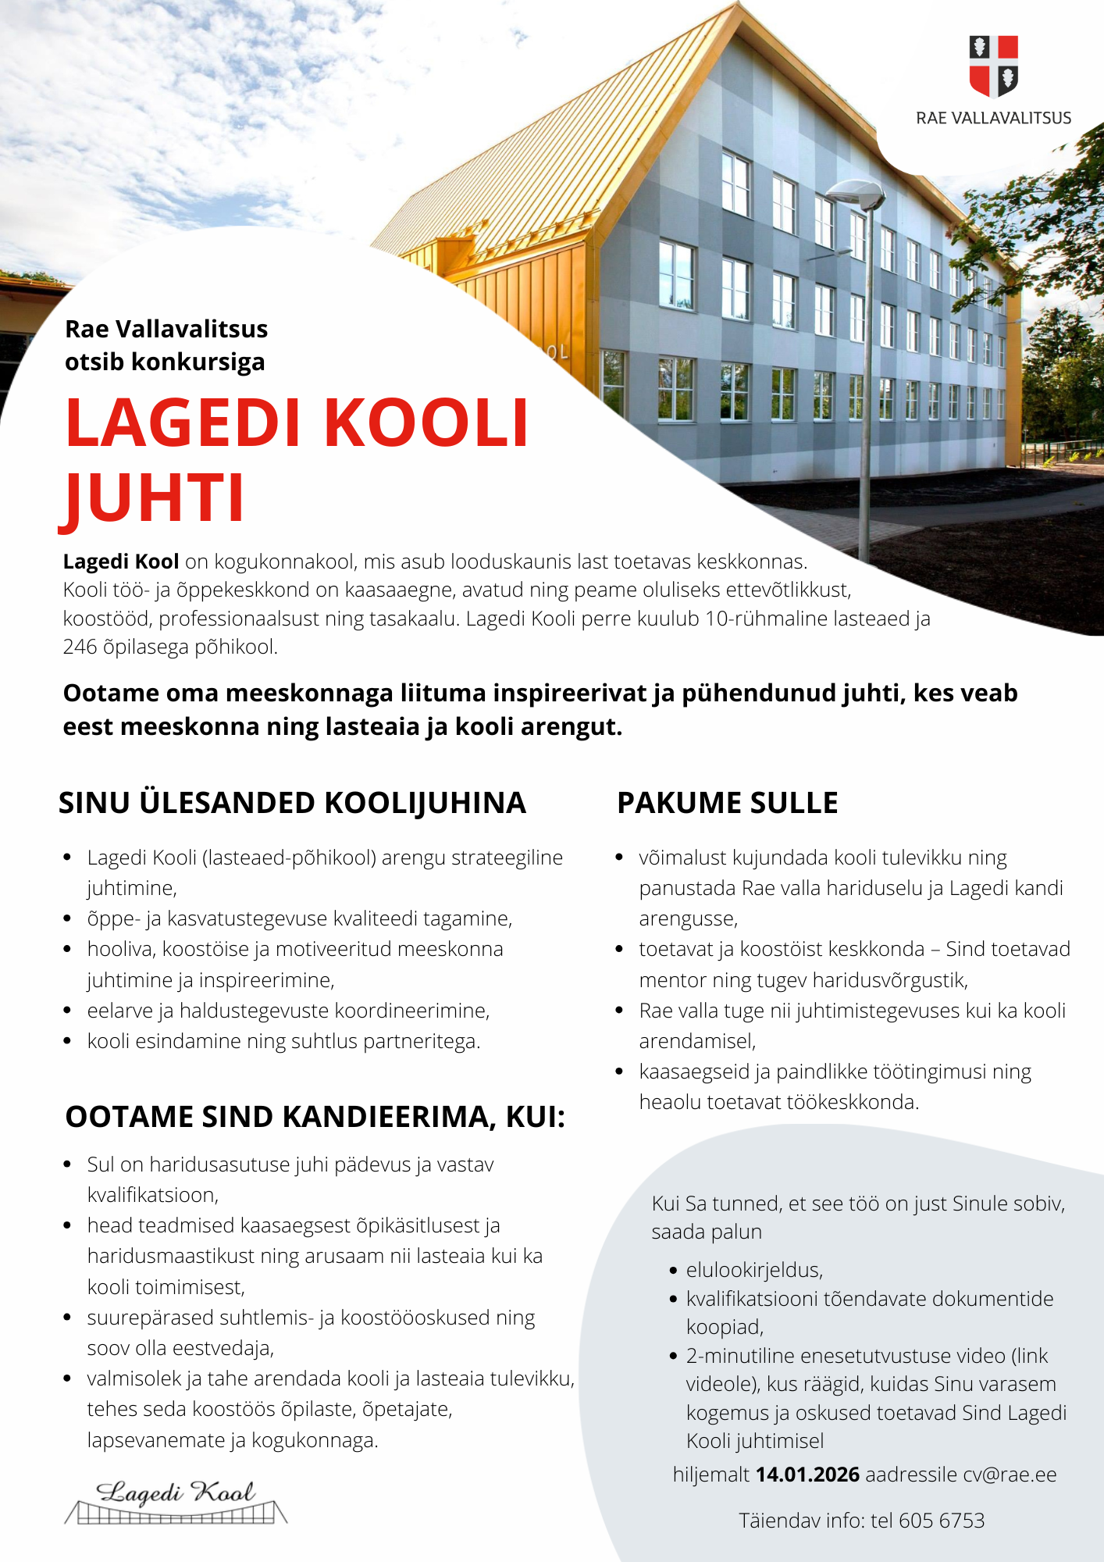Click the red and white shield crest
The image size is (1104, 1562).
[x=993, y=66]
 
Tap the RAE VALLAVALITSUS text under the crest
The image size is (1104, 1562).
[x=993, y=118]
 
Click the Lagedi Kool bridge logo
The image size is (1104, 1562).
[x=176, y=1501]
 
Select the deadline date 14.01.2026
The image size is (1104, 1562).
[x=807, y=1475]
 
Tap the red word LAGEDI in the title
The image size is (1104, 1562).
[x=183, y=423]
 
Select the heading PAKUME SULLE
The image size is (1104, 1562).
[x=727, y=803]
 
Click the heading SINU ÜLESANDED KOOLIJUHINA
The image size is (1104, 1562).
[x=292, y=803]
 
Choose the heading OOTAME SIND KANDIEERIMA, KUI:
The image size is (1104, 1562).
[x=315, y=1117]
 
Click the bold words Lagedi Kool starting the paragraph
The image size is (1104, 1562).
[x=121, y=562]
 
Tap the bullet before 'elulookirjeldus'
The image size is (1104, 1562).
[x=673, y=1271]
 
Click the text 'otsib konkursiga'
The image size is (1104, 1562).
[x=165, y=362]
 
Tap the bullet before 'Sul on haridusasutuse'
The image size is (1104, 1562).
[x=67, y=1164]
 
